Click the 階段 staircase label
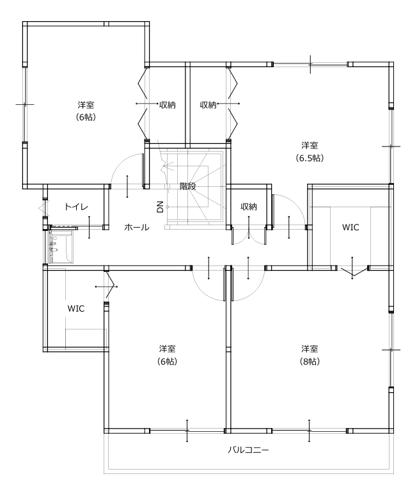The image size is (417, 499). pyautogui.click(x=187, y=186)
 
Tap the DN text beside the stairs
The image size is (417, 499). pyautogui.click(x=160, y=206)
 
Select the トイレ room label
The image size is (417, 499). pyautogui.click(x=76, y=207)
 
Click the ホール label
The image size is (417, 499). pyautogui.click(x=136, y=227)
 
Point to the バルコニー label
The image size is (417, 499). pyautogui.click(x=248, y=450)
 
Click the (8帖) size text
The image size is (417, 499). pyautogui.click(x=310, y=361)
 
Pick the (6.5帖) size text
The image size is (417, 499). pyautogui.click(x=310, y=157)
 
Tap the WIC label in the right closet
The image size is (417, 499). pyautogui.click(x=350, y=227)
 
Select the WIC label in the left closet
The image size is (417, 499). pyautogui.click(x=76, y=308)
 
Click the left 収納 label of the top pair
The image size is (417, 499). pyautogui.click(x=168, y=104)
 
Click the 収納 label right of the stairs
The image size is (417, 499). pyautogui.click(x=249, y=207)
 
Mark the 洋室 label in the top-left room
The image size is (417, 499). pyautogui.click(x=86, y=104)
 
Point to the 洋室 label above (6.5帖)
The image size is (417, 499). pyautogui.click(x=310, y=145)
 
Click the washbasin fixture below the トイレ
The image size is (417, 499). pyautogui.click(x=61, y=247)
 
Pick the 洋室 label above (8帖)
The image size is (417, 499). pyautogui.click(x=310, y=349)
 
